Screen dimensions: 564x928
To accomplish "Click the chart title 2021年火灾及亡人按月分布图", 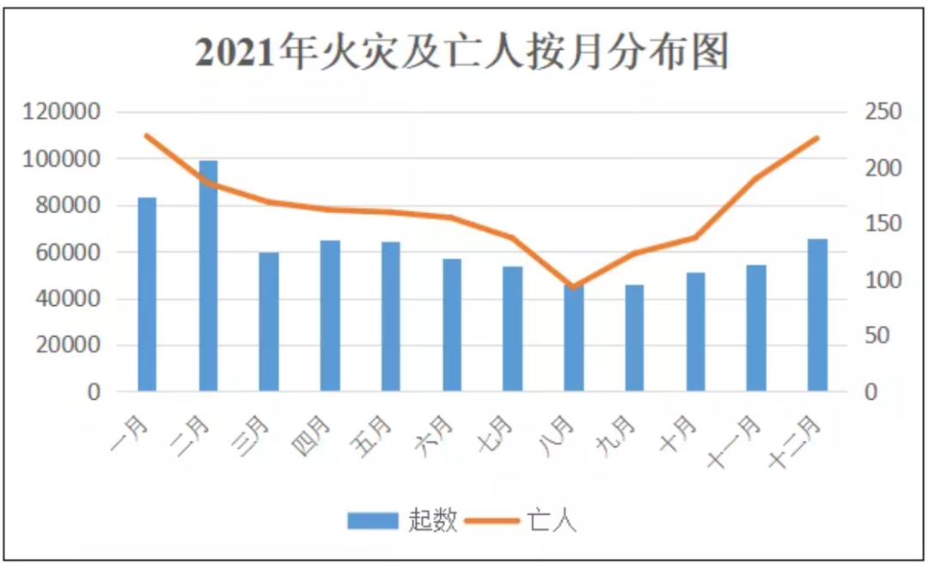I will coord(462,52).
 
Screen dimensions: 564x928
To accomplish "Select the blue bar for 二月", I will coord(208,275).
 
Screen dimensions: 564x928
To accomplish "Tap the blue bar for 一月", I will coord(148,294).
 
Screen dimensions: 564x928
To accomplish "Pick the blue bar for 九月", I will coord(634,338).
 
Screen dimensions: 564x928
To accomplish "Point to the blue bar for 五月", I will coord(391,316).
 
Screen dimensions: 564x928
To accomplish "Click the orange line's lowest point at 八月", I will coord(573,286).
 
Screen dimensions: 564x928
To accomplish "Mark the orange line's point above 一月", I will coord(148,136).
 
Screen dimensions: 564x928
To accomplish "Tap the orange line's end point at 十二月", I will coord(817,138).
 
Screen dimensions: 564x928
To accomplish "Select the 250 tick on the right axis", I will coord(882,113).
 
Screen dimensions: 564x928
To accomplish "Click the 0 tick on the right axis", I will coord(870,392).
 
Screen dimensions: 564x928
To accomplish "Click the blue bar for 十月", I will coord(695,332).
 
